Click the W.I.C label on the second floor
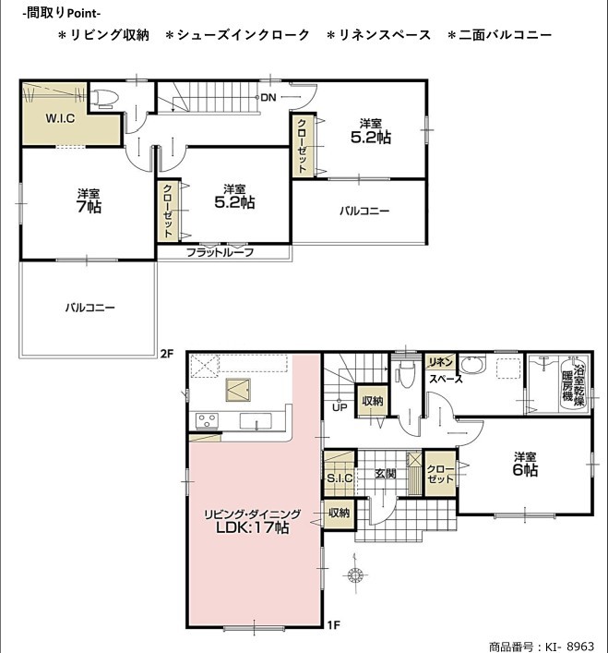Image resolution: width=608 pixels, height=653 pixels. pyautogui.click(x=60, y=118)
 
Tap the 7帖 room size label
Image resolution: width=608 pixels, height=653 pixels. pyautogui.click(x=89, y=207)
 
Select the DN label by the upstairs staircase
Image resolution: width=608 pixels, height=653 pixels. pyautogui.click(x=268, y=98)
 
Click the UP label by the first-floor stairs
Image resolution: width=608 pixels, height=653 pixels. pyautogui.click(x=340, y=407)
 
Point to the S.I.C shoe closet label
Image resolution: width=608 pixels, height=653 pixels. pyautogui.click(x=340, y=478)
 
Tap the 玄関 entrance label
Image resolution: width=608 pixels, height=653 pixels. pyautogui.click(x=385, y=474)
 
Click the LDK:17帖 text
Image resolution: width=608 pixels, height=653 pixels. pyautogui.click(x=253, y=527)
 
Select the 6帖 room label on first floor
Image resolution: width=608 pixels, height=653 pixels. pyautogui.click(x=525, y=470)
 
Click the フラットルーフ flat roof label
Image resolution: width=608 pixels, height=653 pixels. pyautogui.click(x=220, y=252)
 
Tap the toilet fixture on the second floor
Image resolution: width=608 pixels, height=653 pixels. pyautogui.click(x=103, y=99)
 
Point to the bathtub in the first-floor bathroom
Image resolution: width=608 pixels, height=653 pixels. pyautogui.click(x=574, y=383)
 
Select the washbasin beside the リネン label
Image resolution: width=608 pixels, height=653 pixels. pyautogui.click(x=473, y=365)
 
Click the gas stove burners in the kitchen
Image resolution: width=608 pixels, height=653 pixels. pyautogui.click(x=207, y=420)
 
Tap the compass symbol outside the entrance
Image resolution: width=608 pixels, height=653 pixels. pyautogui.click(x=355, y=575)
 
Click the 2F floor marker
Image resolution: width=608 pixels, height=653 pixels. pyautogui.click(x=166, y=354)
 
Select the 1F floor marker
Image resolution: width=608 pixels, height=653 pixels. pyautogui.click(x=334, y=624)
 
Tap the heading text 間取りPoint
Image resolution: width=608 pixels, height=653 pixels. pyautogui.click(x=62, y=13)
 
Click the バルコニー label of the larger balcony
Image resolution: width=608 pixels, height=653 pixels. pyautogui.click(x=89, y=308)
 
